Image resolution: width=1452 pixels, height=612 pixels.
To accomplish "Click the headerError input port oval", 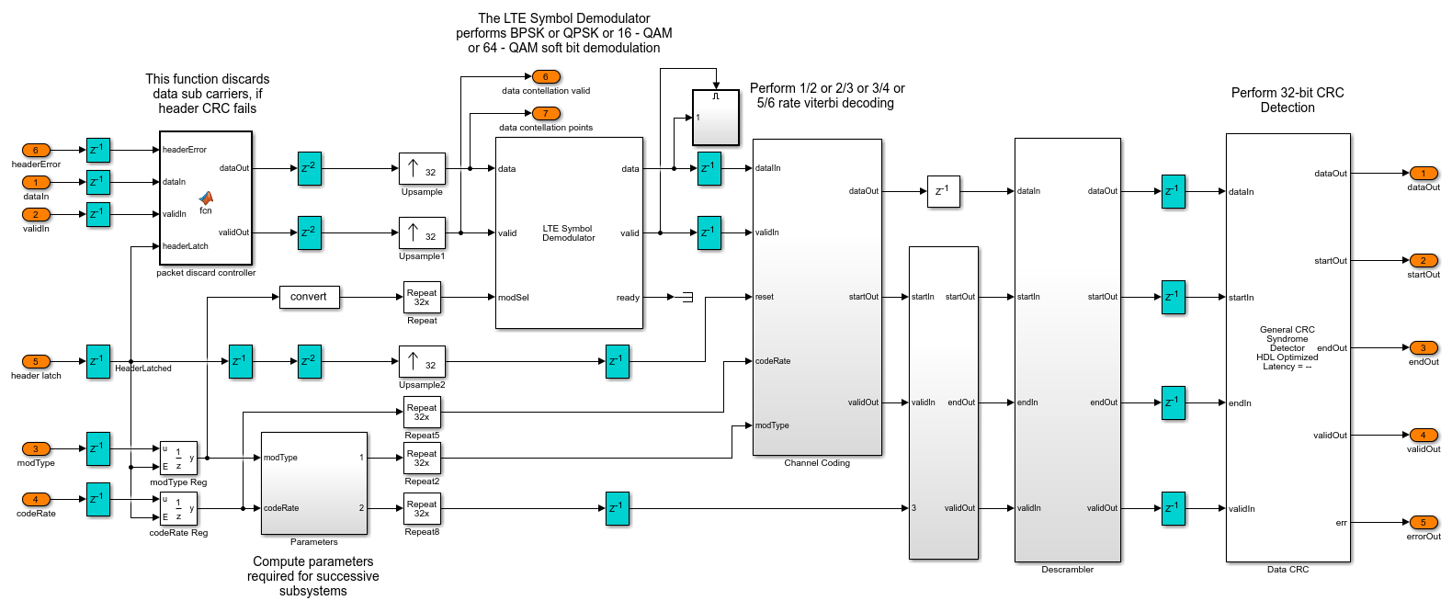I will [36, 150].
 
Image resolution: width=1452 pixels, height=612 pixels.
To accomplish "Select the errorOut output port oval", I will [1423, 522].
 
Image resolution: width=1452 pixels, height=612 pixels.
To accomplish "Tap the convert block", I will [309, 297].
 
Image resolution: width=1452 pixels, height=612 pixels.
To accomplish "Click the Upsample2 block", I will [422, 361].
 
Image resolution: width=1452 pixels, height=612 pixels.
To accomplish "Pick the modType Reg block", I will [178, 458].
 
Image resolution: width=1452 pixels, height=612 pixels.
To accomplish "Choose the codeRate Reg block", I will [178, 508].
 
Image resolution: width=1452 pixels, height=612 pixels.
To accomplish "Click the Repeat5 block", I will [422, 413].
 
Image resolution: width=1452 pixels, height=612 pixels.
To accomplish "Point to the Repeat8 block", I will [422, 509].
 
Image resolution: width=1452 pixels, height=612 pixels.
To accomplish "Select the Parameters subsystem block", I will [314, 483].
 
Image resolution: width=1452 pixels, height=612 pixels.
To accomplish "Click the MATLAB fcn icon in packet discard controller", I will [206, 198].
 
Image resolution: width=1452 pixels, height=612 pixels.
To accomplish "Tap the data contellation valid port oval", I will [545, 77].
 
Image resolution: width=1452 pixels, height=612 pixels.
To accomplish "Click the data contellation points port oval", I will [545, 114].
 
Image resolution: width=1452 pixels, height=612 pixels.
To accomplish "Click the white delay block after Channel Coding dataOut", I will [943, 191].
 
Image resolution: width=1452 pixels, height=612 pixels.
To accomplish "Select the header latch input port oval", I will [36, 361].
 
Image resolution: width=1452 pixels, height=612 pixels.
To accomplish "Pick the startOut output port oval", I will [1423, 260].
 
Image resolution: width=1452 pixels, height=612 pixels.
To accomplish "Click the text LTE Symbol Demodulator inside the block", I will [568, 233].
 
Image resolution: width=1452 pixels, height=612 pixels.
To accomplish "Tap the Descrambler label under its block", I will [1067, 570].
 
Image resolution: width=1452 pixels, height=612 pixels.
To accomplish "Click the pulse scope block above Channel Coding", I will [715, 117].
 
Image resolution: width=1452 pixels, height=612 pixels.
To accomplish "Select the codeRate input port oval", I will [36, 499].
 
